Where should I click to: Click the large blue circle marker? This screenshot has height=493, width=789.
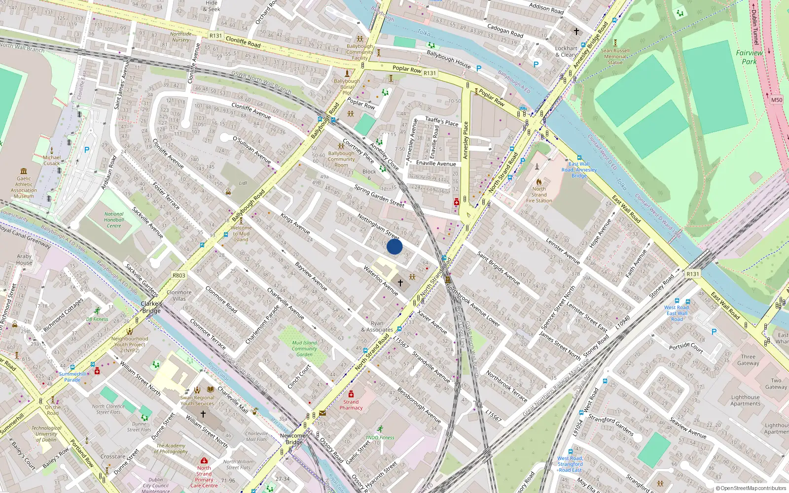pos(394,246)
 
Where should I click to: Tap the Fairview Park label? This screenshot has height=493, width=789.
pos(749,57)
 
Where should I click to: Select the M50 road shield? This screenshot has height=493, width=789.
pos(777,100)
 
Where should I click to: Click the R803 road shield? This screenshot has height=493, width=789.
pos(179,276)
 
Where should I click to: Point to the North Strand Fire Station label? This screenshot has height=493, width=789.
pos(539,195)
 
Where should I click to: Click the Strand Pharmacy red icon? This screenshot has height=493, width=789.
pos(351,394)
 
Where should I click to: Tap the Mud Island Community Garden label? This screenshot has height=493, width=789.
pos(304,349)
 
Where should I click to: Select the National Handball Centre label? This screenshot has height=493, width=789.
pos(114,220)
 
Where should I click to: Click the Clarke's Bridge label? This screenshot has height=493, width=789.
pos(151,307)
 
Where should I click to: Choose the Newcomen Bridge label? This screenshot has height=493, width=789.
pos(294,439)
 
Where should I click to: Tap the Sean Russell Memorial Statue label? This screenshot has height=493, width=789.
pos(615,56)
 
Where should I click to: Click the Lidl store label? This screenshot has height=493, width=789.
pos(243,183)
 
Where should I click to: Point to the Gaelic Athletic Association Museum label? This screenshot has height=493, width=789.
pos(24,187)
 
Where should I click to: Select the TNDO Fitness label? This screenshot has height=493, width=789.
pos(380,437)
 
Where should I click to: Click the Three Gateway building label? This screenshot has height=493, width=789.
pos(748,360)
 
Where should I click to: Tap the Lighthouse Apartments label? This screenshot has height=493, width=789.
pos(745,400)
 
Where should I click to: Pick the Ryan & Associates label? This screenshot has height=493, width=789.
pos(377,327)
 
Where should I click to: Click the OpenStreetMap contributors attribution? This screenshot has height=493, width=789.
pos(751,489)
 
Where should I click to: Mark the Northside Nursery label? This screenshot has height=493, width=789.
pos(180,37)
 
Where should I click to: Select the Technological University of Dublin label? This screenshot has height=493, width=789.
pos(46,434)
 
